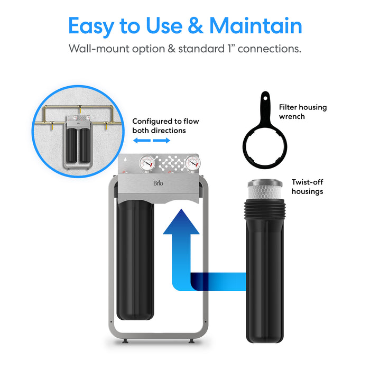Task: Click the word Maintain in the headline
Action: [x=256, y=26]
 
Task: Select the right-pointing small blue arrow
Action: [x=162, y=141]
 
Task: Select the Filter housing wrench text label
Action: [x=303, y=112]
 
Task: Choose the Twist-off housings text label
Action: [x=307, y=187]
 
